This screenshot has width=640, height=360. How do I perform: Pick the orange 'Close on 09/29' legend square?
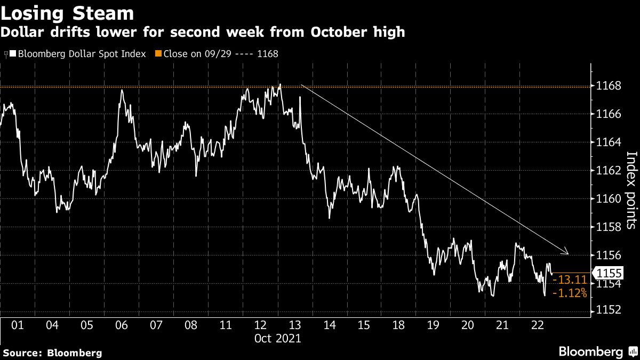[x=158, y=54]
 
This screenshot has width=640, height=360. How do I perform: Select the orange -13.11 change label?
[x=571, y=280]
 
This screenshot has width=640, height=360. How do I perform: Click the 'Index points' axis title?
[x=631, y=190]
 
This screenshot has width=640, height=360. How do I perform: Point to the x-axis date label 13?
[x=295, y=325]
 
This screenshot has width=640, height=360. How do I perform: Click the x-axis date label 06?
[x=122, y=325]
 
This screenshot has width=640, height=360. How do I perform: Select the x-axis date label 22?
[x=538, y=325]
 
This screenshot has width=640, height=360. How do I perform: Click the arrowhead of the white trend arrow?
[x=567, y=253]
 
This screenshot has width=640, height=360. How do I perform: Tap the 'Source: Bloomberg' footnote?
[x=52, y=353]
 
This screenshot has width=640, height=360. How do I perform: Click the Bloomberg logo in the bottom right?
[x=591, y=351]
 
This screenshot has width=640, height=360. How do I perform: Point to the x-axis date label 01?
[x=18, y=325]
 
